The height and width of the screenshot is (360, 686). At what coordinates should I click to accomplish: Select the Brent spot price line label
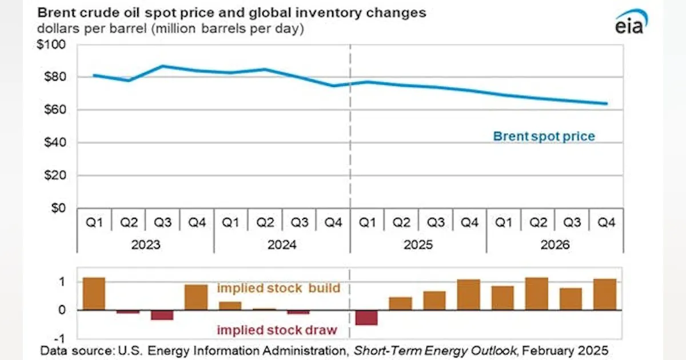544,137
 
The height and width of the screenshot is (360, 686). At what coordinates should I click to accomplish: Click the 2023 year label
146,245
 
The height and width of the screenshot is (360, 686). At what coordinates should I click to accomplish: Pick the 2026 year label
555,245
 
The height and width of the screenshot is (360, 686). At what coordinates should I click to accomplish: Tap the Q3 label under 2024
299,222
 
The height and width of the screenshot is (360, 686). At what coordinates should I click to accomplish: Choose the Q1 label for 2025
367,222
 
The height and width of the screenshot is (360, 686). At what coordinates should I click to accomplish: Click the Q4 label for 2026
606,222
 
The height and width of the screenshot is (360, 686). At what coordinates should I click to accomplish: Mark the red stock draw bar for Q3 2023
162,315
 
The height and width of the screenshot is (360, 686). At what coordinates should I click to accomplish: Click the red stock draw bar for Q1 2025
367,318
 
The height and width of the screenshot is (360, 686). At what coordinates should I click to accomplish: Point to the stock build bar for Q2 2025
401,303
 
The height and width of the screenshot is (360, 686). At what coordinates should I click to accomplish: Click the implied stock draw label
277,330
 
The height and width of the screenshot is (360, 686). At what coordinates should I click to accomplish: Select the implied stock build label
278,288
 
